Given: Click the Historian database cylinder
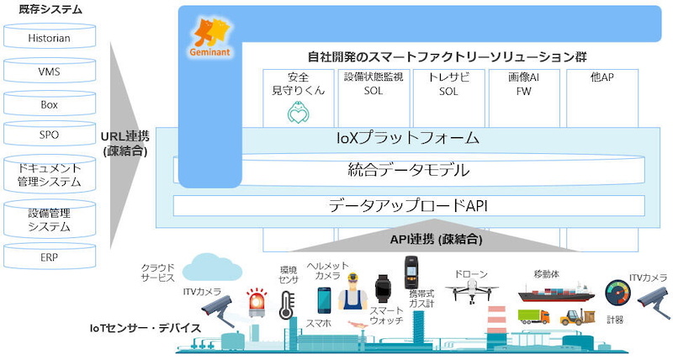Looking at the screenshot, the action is (50, 36).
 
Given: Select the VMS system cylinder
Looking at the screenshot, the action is (50, 70).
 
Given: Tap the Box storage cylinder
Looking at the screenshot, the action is (50, 103).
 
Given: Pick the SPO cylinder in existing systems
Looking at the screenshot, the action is (50, 134).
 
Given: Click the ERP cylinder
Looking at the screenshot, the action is (50, 257).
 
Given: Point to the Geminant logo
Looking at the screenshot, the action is (209, 38).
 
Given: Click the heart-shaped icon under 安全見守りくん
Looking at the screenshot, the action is (299, 113).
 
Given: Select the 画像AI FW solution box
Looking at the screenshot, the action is (523, 98).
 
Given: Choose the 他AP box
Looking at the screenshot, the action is (602, 98).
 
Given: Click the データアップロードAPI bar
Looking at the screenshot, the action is (409, 205).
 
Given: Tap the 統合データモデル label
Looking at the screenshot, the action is (408, 170).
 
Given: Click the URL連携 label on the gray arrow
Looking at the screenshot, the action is (125, 136).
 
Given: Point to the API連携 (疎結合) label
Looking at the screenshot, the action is (436, 239).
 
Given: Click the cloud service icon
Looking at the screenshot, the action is (213, 267).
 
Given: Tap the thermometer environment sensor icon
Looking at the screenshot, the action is (286, 305).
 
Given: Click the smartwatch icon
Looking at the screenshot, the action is (383, 289).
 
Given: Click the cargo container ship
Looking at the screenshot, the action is (556, 293).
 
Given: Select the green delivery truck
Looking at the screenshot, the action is (533, 316).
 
